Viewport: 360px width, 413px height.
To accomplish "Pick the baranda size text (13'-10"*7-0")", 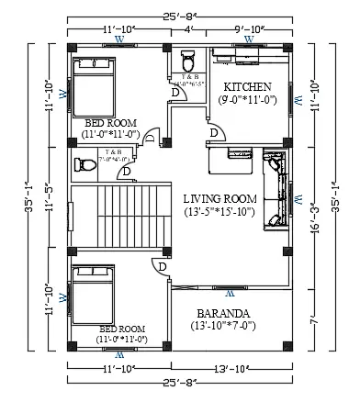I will coord(225,326).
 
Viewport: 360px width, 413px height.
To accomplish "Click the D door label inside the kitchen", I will coord(214,133).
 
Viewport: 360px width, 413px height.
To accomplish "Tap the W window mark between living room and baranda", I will coord(231,296).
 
